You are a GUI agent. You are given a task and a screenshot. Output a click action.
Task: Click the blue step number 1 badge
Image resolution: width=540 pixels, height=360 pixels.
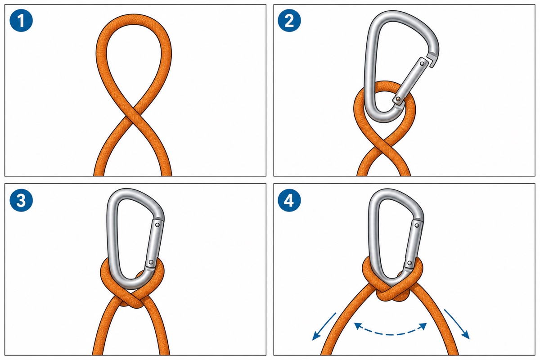pyautogui.click(x=21, y=20)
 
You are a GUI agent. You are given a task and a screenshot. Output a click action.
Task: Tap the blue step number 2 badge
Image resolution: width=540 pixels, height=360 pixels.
pyautogui.click(x=289, y=20)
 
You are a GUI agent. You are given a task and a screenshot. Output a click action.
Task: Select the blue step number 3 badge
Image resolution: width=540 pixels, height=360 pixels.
pyautogui.click(x=21, y=200)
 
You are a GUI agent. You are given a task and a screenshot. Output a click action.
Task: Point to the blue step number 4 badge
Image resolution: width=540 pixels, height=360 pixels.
pyautogui.click(x=289, y=200)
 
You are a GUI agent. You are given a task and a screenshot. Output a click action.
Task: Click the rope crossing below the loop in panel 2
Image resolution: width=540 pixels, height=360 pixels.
pyautogui.click(x=384, y=145)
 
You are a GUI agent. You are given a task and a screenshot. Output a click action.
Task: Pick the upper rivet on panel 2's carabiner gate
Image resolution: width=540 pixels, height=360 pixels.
pyautogui.click(x=422, y=64)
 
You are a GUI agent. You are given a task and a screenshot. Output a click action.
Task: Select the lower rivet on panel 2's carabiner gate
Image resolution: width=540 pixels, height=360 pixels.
pyautogui.click(x=398, y=99)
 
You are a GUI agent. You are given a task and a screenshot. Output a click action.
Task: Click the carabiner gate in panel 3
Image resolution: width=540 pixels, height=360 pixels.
pyautogui.click(x=154, y=243)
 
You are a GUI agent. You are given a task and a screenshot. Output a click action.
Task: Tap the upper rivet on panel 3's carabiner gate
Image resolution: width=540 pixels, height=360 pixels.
pyautogui.click(x=157, y=225)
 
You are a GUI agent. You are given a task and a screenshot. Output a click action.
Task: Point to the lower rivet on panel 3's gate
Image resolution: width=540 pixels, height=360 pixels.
pyautogui.click(x=151, y=262)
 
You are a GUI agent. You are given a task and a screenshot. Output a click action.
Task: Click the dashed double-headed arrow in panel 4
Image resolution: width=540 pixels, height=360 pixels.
pyautogui.click(x=391, y=329)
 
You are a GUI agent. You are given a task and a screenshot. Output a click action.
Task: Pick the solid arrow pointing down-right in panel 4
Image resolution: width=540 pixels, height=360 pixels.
pyautogui.click(x=457, y=324)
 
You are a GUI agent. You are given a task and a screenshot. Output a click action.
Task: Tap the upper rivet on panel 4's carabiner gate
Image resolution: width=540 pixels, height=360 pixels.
pyautogui.click(x=417, y=226)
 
